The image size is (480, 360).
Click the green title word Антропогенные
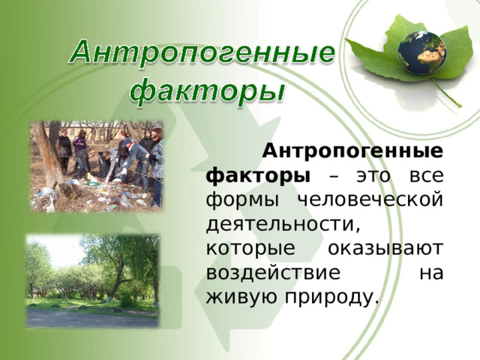click(x=202, y=52)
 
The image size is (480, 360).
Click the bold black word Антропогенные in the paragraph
click(x=352, y=151)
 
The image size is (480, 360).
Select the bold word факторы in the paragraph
click(x=258, y=177)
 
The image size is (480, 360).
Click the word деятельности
click(x=282, y=225)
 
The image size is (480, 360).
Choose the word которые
click(x=250, y=249)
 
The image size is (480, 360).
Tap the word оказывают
click(x=385, y=248)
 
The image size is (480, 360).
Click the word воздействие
click(x=273, y=272)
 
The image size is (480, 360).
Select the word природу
click(x=330, y=298)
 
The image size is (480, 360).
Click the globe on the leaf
click(x=421, y=52)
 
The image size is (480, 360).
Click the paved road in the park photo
click(x=92, y=318)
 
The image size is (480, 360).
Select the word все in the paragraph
click(x=427, y=177)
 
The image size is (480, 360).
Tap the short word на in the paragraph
click(x=431, y=274)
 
